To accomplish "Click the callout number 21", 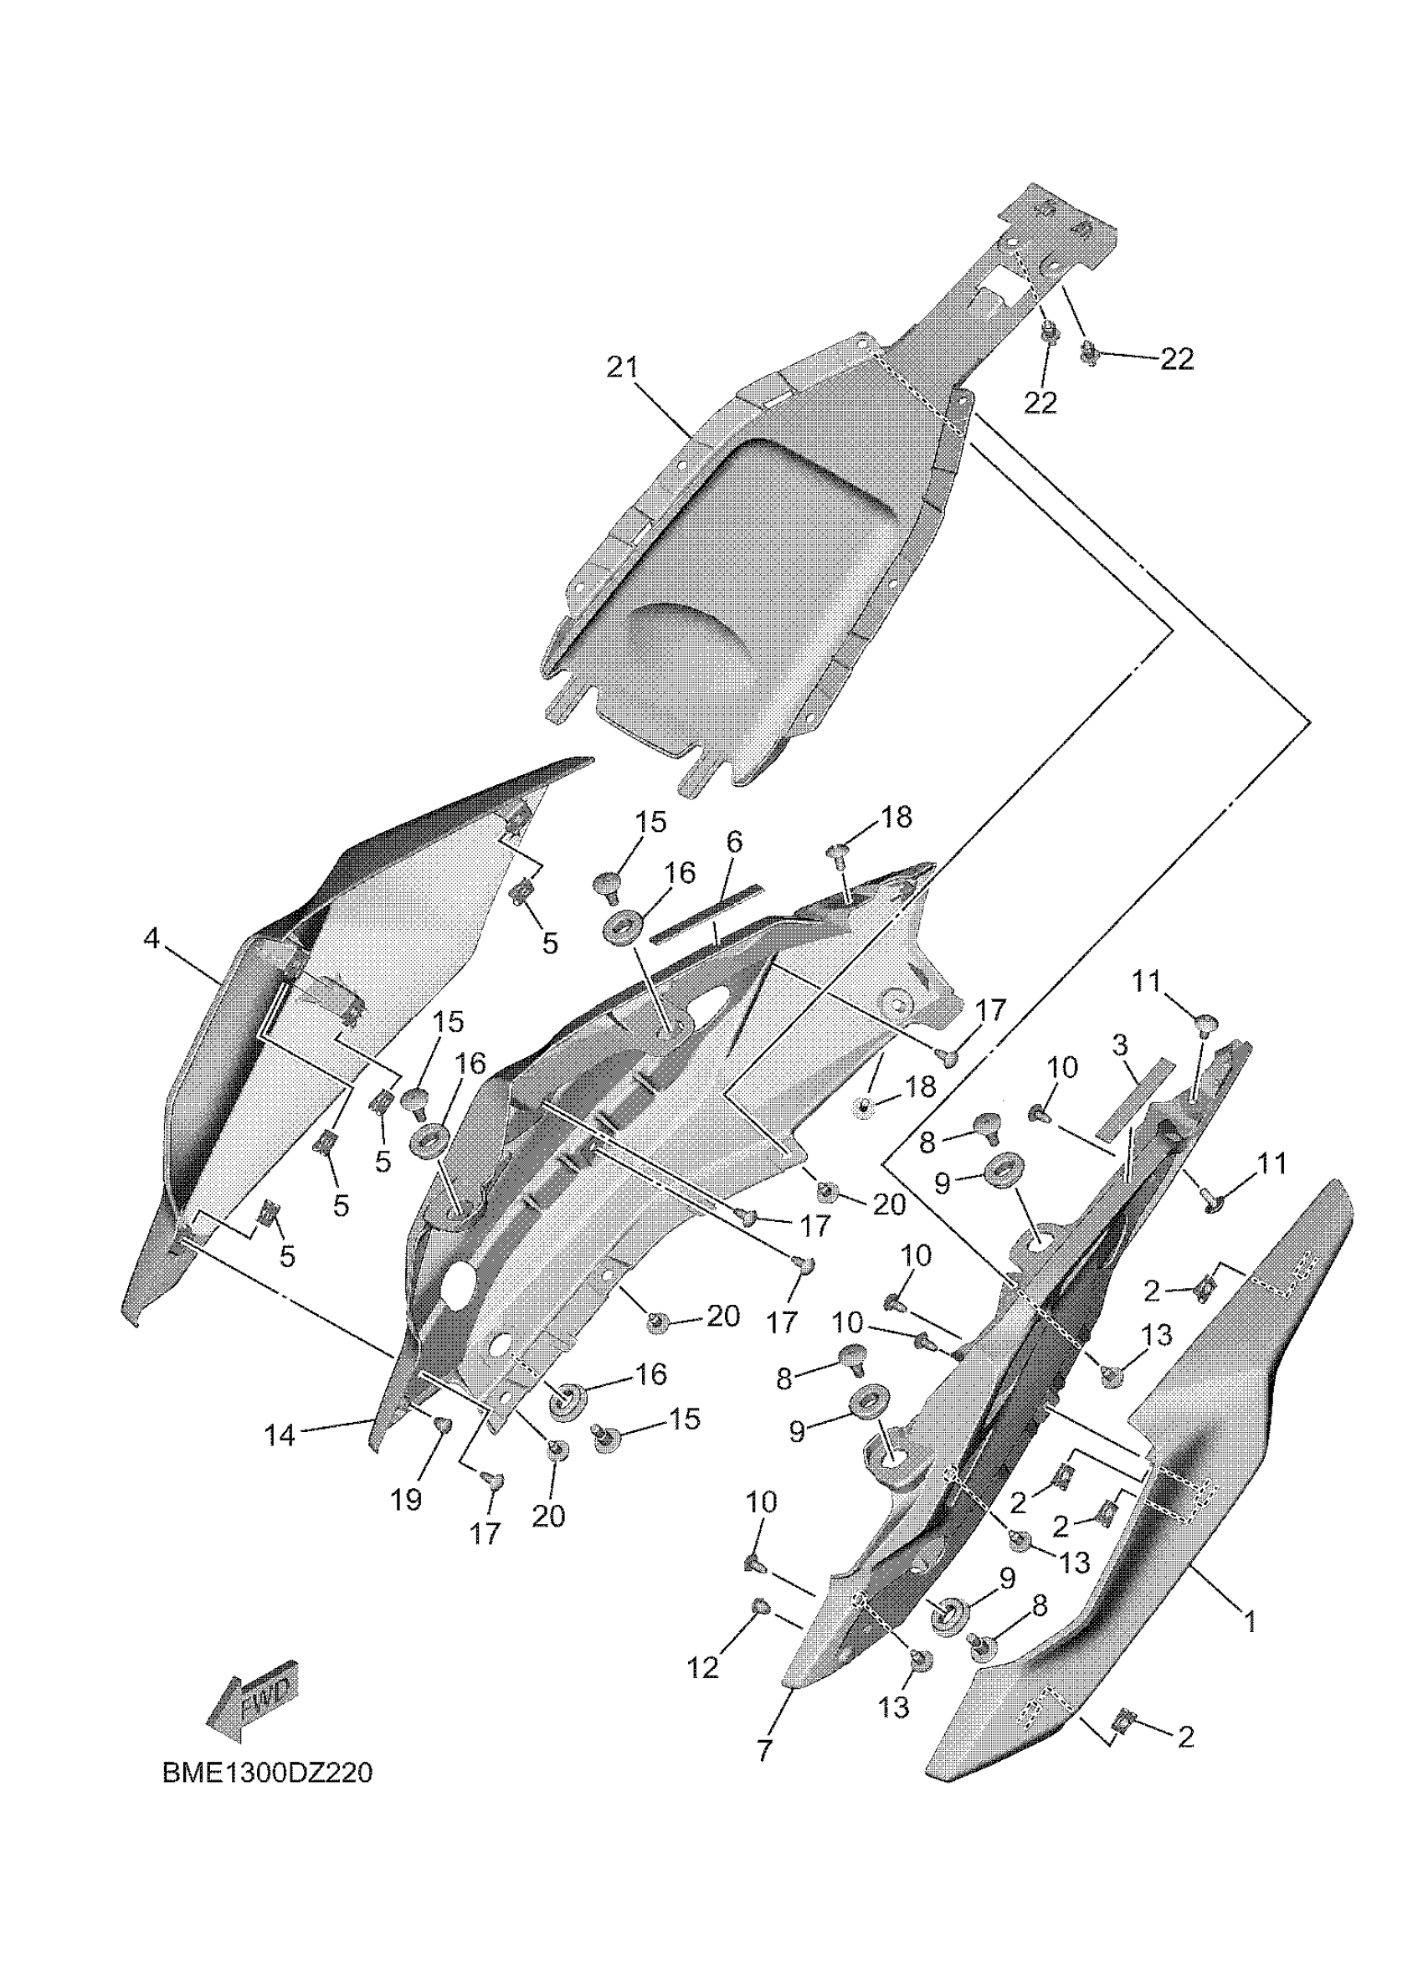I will (x=621, y=367).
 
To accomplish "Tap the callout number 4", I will (x=152, y=938).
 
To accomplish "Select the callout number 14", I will (x=280, y=1436).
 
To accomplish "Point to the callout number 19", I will (x=405, y=1499).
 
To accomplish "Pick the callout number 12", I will (x=703, y=1668).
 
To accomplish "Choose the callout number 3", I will (x=1119, y=1046).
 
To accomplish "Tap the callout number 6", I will (x=734, y=841).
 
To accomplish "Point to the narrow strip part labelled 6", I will (x=706, y=912).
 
